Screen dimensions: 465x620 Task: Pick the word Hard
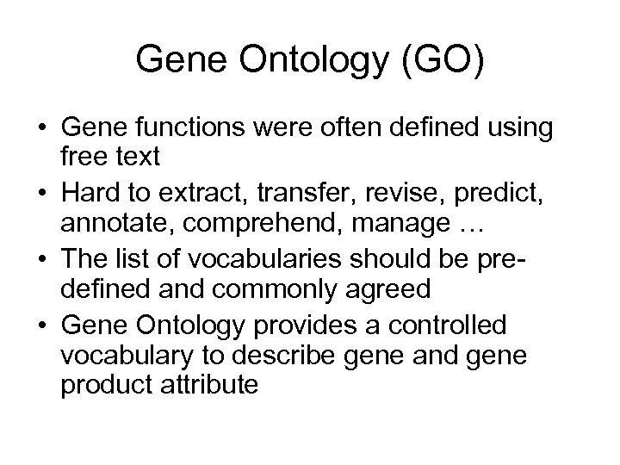[95, 192]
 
